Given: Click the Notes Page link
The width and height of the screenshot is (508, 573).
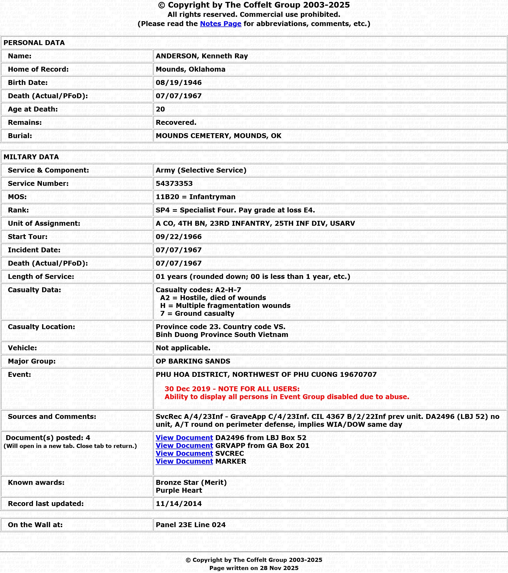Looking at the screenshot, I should [220, 24].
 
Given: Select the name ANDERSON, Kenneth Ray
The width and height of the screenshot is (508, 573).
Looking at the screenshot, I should [202, 56].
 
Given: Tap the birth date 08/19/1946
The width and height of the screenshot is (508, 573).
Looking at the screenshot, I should [178, 83].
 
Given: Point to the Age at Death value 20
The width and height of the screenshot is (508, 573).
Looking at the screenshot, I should [160, 109].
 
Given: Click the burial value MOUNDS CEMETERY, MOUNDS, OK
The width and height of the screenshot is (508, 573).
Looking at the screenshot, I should [218, 136].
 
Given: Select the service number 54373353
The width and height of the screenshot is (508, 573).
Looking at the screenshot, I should [174, 184].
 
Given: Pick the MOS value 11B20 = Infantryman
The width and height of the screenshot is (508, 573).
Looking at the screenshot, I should [195, 197].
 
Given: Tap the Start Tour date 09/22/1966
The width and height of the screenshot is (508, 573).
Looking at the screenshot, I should [178, 237].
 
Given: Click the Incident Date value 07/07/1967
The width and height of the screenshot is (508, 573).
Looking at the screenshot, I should [178, 250].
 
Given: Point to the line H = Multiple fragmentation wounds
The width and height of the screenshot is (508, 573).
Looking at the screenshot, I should [225, 305].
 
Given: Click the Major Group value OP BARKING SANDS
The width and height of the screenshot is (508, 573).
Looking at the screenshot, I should [193, 361].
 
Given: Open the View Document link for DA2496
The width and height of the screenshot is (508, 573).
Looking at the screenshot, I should [184, 438].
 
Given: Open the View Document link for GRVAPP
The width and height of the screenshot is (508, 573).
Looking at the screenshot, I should [184, 445].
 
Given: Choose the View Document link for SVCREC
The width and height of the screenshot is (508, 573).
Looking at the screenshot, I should [184, 453].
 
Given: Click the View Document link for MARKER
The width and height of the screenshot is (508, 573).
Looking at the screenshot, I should [184, 461].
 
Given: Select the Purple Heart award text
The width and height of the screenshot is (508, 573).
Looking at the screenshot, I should [179, 490].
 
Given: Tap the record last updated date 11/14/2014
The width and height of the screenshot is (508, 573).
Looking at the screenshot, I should [178, 504].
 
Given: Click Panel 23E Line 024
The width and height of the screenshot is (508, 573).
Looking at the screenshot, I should [191, 525].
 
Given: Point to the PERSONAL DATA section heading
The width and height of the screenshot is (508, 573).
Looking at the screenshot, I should [34, 43].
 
